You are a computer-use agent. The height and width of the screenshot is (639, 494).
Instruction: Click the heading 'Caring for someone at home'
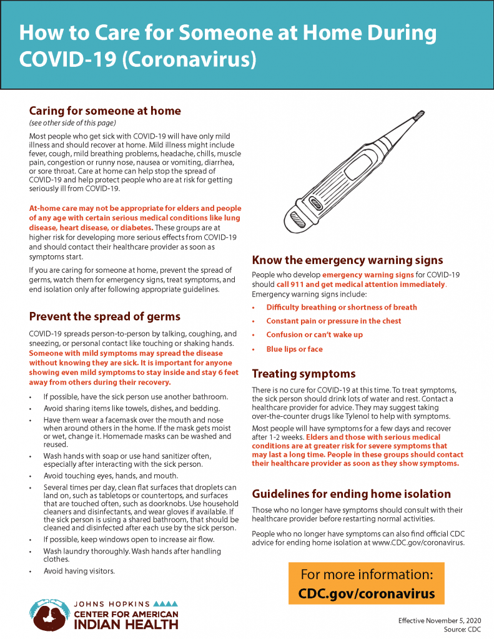pos(105,111)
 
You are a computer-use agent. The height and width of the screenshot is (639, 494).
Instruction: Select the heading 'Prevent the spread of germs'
pos(105,316)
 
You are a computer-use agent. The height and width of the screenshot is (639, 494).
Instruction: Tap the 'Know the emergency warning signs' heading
pos(347,260)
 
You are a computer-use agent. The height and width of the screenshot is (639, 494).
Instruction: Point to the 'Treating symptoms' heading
pos(304,374)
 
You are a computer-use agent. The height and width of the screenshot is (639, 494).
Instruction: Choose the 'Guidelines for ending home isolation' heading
pos(351,494)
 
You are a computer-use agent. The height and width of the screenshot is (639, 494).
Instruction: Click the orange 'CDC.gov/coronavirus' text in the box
pos(366,593)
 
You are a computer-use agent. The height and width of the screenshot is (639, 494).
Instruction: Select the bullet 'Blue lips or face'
pos(294,349)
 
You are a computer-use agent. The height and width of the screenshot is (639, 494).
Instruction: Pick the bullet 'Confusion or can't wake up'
pos(314,335)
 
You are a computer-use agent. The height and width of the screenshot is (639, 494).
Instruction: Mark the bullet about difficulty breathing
pos(341,307)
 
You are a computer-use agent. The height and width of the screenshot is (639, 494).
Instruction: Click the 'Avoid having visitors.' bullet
pos(79,570)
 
